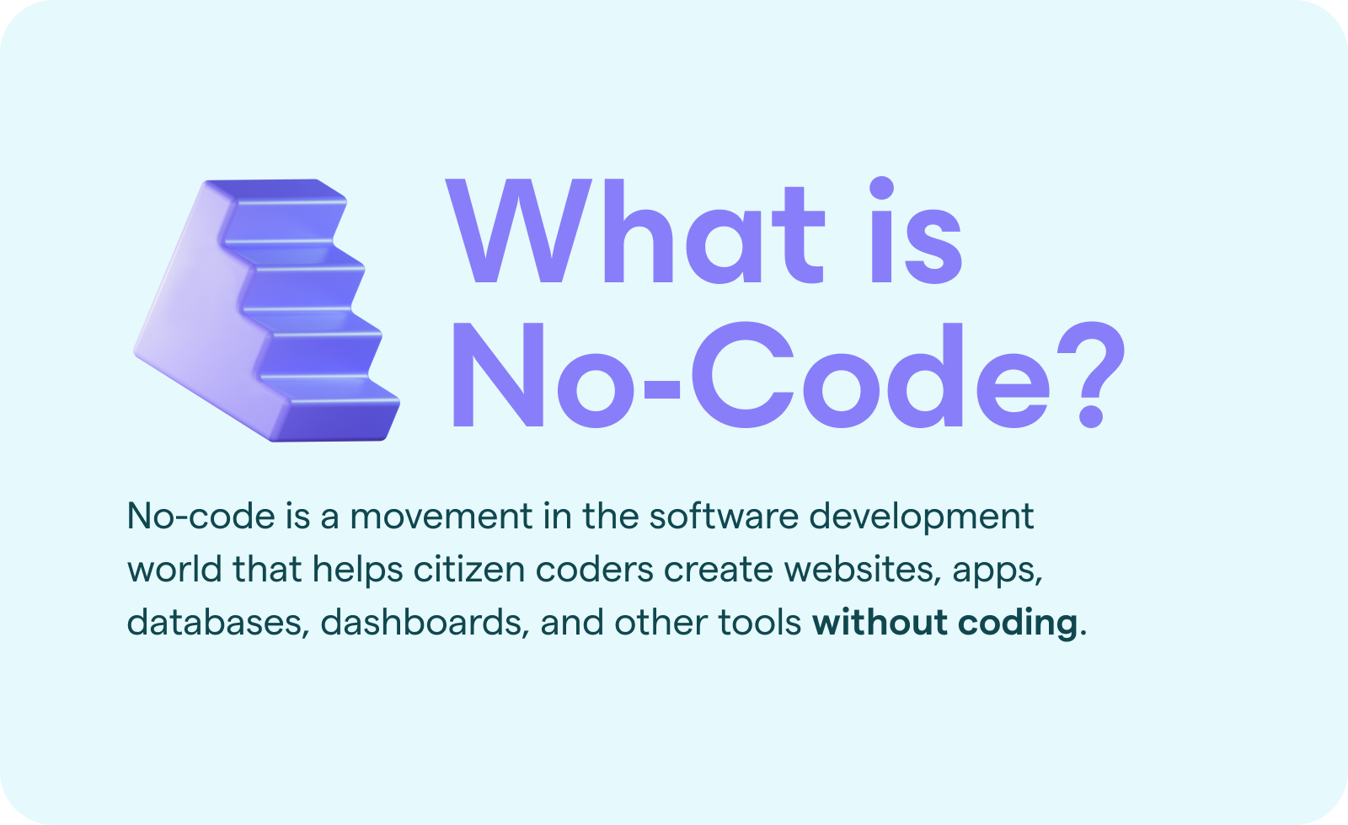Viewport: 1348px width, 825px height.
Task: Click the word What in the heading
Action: pyautogui.click(x=635, y=231)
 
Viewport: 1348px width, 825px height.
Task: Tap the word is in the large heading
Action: pyautogui.click(x=917, y=230)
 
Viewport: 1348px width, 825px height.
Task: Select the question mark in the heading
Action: pyautogui.click(x=1090, y=375)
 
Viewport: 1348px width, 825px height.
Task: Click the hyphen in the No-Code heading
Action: pyautogui.click(x=662, y=390)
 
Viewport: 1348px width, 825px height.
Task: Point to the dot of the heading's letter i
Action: pyautogui.click(x=881, y=188)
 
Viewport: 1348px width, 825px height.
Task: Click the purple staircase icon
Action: pyautogui.click(x=266, y=310)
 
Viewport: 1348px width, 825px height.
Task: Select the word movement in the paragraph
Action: pyautogui.click(x=441, y=517)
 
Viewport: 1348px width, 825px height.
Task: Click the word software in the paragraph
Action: pyautogui.click(x=724, y=517)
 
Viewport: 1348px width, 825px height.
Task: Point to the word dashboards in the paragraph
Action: pyautogui.click(x=425, y=622)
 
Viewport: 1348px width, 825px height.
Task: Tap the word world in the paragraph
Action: pyautogui.click(x=174, y=569)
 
